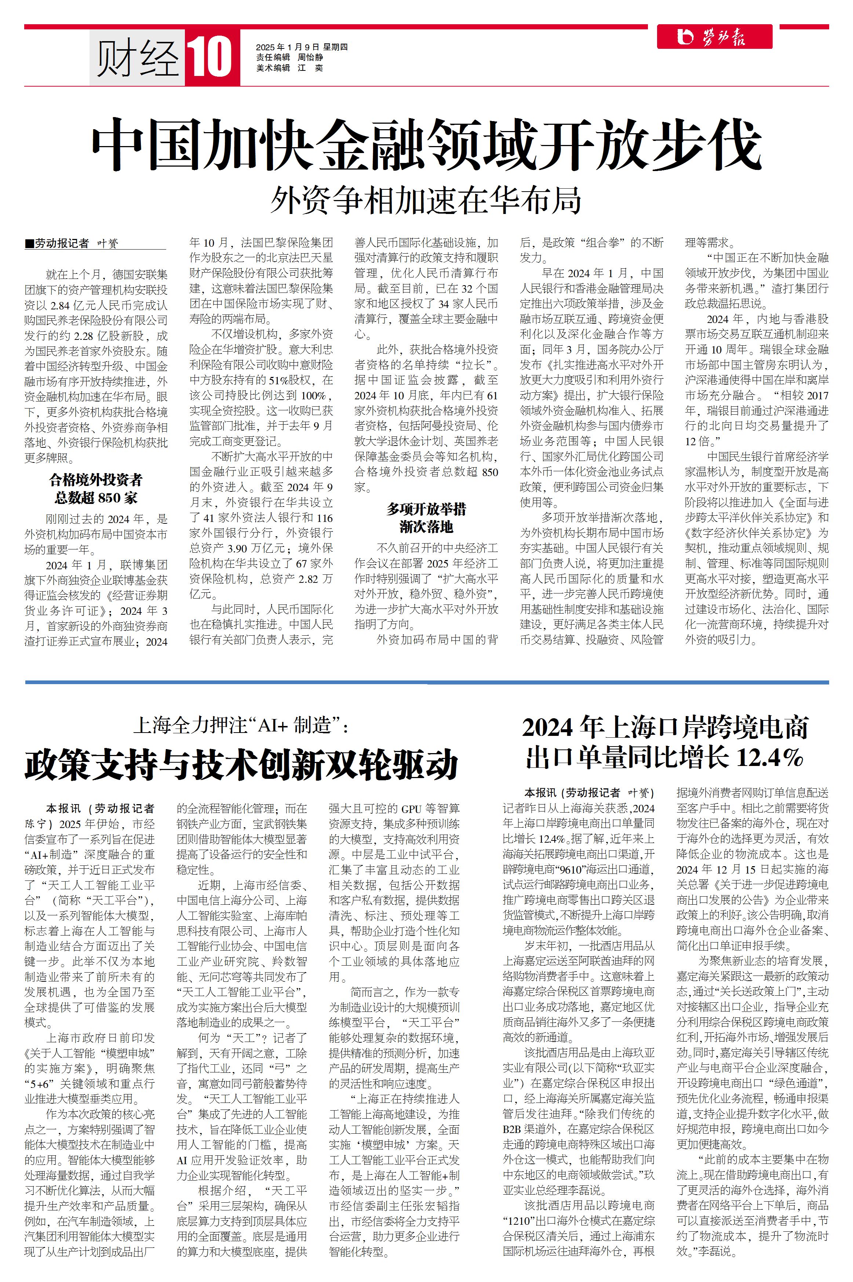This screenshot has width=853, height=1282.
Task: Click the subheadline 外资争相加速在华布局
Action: coord(426,200)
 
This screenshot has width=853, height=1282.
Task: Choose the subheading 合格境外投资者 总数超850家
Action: coord(96,489)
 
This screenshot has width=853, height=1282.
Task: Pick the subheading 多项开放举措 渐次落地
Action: coord(426,518)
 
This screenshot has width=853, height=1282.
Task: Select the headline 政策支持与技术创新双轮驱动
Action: coord(241,764)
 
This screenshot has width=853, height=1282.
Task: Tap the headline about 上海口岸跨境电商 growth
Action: coord(665,742)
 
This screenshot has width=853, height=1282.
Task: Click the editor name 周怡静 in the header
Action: coord(310,58)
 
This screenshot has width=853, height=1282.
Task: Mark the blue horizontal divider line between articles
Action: coord(426,682)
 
